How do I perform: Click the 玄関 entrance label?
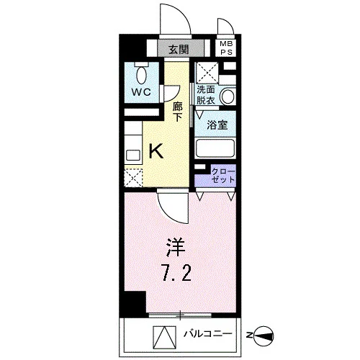[179, 50]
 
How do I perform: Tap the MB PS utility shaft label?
[227, 48]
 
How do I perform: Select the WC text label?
[141, 92]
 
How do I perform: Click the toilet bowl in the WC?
[141, 74]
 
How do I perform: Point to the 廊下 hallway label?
[178, 112]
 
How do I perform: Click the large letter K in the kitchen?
[156, 150]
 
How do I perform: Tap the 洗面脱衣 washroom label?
[206, 95]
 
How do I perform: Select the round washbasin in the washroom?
[228, 96]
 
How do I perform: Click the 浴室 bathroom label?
[217, 125]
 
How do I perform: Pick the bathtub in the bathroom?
[215, 148]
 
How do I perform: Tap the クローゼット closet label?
[223, 176]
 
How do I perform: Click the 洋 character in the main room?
[176, 248]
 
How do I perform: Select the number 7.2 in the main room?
[177, 273]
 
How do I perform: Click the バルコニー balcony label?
[208, 334]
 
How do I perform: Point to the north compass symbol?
[264, 336]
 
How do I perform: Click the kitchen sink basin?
[133, 156]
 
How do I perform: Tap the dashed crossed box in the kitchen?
[133, 178]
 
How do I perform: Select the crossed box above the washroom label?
[207, 73]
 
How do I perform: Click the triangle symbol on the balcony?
[165, 337]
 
